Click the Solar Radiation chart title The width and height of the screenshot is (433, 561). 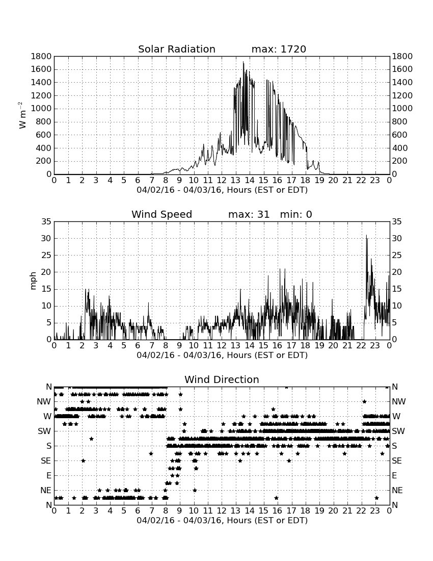tap(176, 49)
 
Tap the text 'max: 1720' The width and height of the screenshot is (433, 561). tap(279, 49)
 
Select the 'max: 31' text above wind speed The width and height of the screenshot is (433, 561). tap(249, 214)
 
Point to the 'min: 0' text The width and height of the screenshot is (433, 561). tap(296, 214)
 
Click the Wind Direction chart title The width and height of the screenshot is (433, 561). tap(222, 379)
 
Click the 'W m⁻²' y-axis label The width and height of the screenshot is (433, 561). tap(22, 115)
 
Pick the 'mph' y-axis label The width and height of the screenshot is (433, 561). tap(33, 281)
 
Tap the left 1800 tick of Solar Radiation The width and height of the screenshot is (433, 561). tap(41, 56)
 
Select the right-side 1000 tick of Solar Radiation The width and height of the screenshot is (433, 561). tap(402, 109)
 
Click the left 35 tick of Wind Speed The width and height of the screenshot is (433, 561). tap(47, 222)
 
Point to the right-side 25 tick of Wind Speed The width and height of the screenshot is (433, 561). tap(397, 255)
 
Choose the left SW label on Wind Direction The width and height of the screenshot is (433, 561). tap(45, 431)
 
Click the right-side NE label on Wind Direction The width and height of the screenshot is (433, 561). tap(397, 490)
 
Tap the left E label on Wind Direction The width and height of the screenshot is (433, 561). tap(49, 475)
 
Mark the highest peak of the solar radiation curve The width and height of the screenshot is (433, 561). tap(243, 62)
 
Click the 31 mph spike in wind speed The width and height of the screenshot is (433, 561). tap(366, 236)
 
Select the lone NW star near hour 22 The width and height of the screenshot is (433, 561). tap(364, 401)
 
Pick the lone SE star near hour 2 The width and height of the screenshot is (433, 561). tap(83, 461)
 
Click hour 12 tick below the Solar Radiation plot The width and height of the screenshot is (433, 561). tap(222, 181)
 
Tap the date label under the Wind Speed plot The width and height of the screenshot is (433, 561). tap(222, 355)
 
